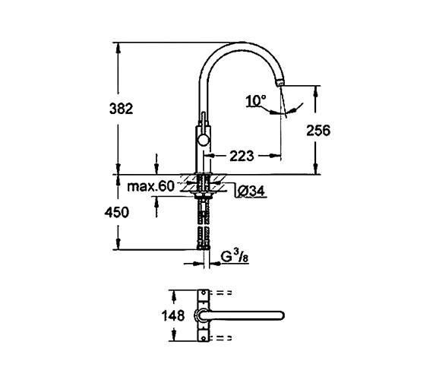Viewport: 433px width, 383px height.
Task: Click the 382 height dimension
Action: tap(121, 109)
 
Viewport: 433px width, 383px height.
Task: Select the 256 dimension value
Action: tap(318, 130)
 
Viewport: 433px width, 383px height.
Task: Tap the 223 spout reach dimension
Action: tap(242, 156)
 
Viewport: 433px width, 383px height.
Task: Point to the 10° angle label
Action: tap(257, 100)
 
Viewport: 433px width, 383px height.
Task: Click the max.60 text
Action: tap(152, 186)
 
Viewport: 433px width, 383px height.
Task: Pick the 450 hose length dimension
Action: tap(121, 213)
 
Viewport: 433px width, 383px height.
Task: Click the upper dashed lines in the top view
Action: tap(225, 294)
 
